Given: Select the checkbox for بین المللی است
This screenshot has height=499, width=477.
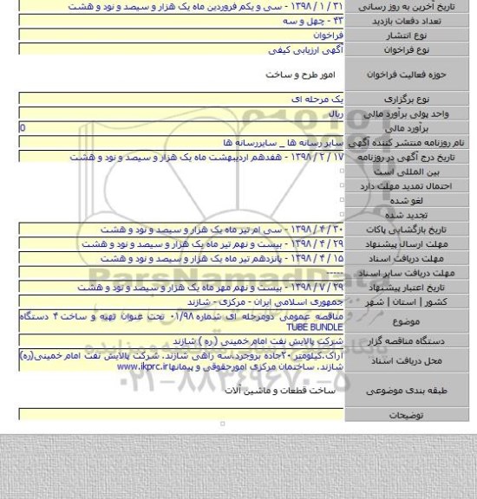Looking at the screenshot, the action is (343, 172).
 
